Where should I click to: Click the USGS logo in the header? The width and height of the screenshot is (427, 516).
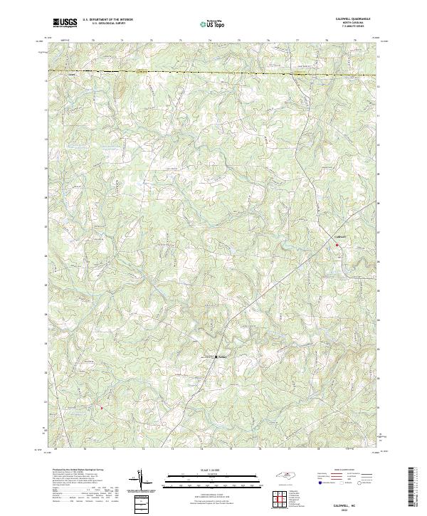[x=65, y=23]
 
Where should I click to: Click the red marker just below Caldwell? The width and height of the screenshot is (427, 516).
[x=337, y=245]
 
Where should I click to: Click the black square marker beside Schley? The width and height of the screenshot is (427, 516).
[x=216, y=357]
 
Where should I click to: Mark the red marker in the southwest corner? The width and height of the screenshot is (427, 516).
[x=101, y=408]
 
